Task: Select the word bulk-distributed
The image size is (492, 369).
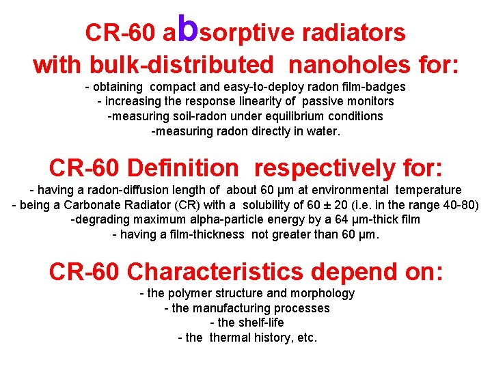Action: click(x=188, y=65)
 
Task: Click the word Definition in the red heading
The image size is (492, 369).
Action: click(x=183, y=167)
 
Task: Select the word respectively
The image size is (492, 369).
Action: click(x=321, y=167)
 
